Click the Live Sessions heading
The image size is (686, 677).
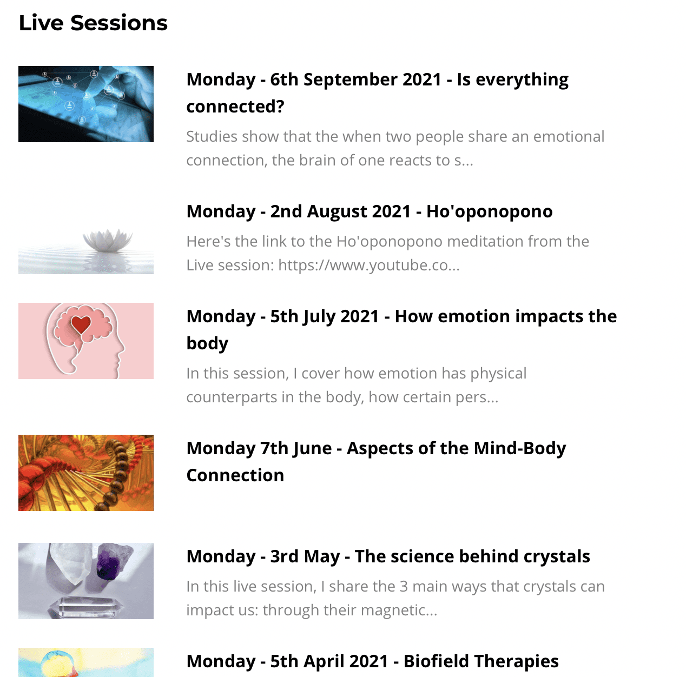click(x=93, y=23)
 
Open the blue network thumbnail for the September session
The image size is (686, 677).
click(x=86, y=104)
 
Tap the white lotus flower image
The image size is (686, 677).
click(x=107, y=240)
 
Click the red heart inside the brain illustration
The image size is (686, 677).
click(x=81, y=324)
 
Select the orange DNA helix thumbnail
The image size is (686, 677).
click(x=86, y=473)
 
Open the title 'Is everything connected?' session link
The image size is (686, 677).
click(x=377, y=92)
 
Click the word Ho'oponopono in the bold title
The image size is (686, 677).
click(x=490, y=211)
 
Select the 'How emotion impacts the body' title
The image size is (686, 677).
click(x=401, y=330)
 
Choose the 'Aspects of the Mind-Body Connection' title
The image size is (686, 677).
click(x=376, y=461)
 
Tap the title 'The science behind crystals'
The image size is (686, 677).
click(x=388, y=556)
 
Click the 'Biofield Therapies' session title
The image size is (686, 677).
click(x=481, y=661)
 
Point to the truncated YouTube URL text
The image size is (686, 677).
click(x=369, y=265)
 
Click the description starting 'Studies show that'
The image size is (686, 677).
click(x=395, y=148)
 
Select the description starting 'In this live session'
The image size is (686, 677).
click(x=395, y=599)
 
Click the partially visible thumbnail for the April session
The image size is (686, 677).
click(x=86, y=662)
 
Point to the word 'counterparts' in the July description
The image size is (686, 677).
click(x=232, y=397)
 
